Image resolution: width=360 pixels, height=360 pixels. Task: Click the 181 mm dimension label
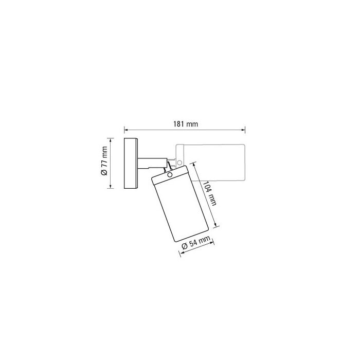pyautogui.click(x=186, y=124)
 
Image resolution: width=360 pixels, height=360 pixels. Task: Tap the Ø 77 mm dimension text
pyautogui.click(x=104, y=160)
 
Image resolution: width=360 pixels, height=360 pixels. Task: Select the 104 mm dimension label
pyautogui.click(x=209, y=193)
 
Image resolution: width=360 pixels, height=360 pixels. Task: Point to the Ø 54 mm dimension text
pyautogui.click(x=196, y=243)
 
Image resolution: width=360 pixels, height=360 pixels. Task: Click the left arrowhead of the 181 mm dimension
pyautogui.click(x=126, y=130)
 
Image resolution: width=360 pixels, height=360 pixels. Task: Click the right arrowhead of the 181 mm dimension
pyautogui.click(x=243, y=130)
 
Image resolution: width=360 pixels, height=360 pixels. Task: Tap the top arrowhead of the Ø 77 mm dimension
pyautogui.click(x=111, y=140)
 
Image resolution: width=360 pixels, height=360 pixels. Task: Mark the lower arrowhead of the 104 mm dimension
pyautogui.click(x=215, y=224)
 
